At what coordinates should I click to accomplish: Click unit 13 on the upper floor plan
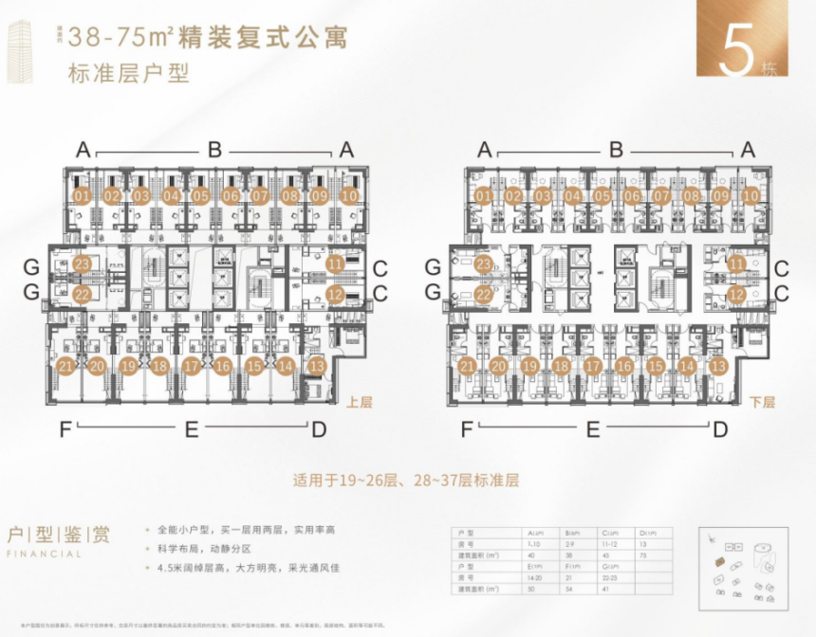pos(318,366)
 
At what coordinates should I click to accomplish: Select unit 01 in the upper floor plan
pos(82,196)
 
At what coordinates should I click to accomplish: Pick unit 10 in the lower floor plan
pos(751,196)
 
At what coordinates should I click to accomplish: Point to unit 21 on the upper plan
pos(66,366)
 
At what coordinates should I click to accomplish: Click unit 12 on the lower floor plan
pos(737,295)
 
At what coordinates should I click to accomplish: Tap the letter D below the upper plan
pos(319,429)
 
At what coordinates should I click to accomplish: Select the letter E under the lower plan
pos(593,429)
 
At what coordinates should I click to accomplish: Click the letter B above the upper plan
pos(214,149)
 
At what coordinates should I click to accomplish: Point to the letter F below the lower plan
pos(467,429)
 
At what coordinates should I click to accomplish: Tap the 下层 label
pos(761,402)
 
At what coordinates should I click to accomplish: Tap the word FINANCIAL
pos(43,555)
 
